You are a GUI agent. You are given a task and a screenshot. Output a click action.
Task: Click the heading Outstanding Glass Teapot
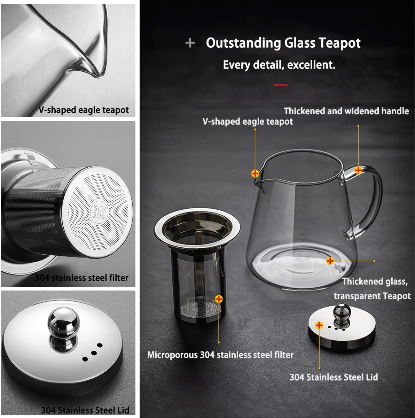[x=283, y=43]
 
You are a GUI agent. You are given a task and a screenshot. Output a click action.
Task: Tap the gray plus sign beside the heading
[x=190, y=43]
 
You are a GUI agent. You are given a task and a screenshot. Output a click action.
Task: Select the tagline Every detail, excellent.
[x=279, y=65]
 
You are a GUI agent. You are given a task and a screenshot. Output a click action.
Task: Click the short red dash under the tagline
[x=281, y=85]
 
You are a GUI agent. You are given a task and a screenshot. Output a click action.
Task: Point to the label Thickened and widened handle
[x=346, y=111]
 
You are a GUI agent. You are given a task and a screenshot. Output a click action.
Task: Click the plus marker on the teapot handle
[x=358, y=170]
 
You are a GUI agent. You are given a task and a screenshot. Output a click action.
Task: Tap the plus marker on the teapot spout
[x=255, y=173]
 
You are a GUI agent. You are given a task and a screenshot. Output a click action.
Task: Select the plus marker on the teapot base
[x=330, y=261]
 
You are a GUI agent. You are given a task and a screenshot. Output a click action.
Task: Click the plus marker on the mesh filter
[x=219, y=299]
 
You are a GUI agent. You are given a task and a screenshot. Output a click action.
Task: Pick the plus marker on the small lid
[x=319, y=325]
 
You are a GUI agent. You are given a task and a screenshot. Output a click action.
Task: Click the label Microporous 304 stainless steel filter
[x=220, y=355]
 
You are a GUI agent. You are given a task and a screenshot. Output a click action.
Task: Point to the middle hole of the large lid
[x=93, y=352]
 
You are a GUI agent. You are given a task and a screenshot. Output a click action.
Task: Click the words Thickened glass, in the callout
[x=375, y=281]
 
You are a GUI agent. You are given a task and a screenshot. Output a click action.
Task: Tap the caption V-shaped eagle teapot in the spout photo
[x=84, y=110]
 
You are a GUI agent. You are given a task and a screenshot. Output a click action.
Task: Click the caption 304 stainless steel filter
[x=81, y=278]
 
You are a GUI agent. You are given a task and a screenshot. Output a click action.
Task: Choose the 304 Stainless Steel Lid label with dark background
[x=334, y=377]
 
